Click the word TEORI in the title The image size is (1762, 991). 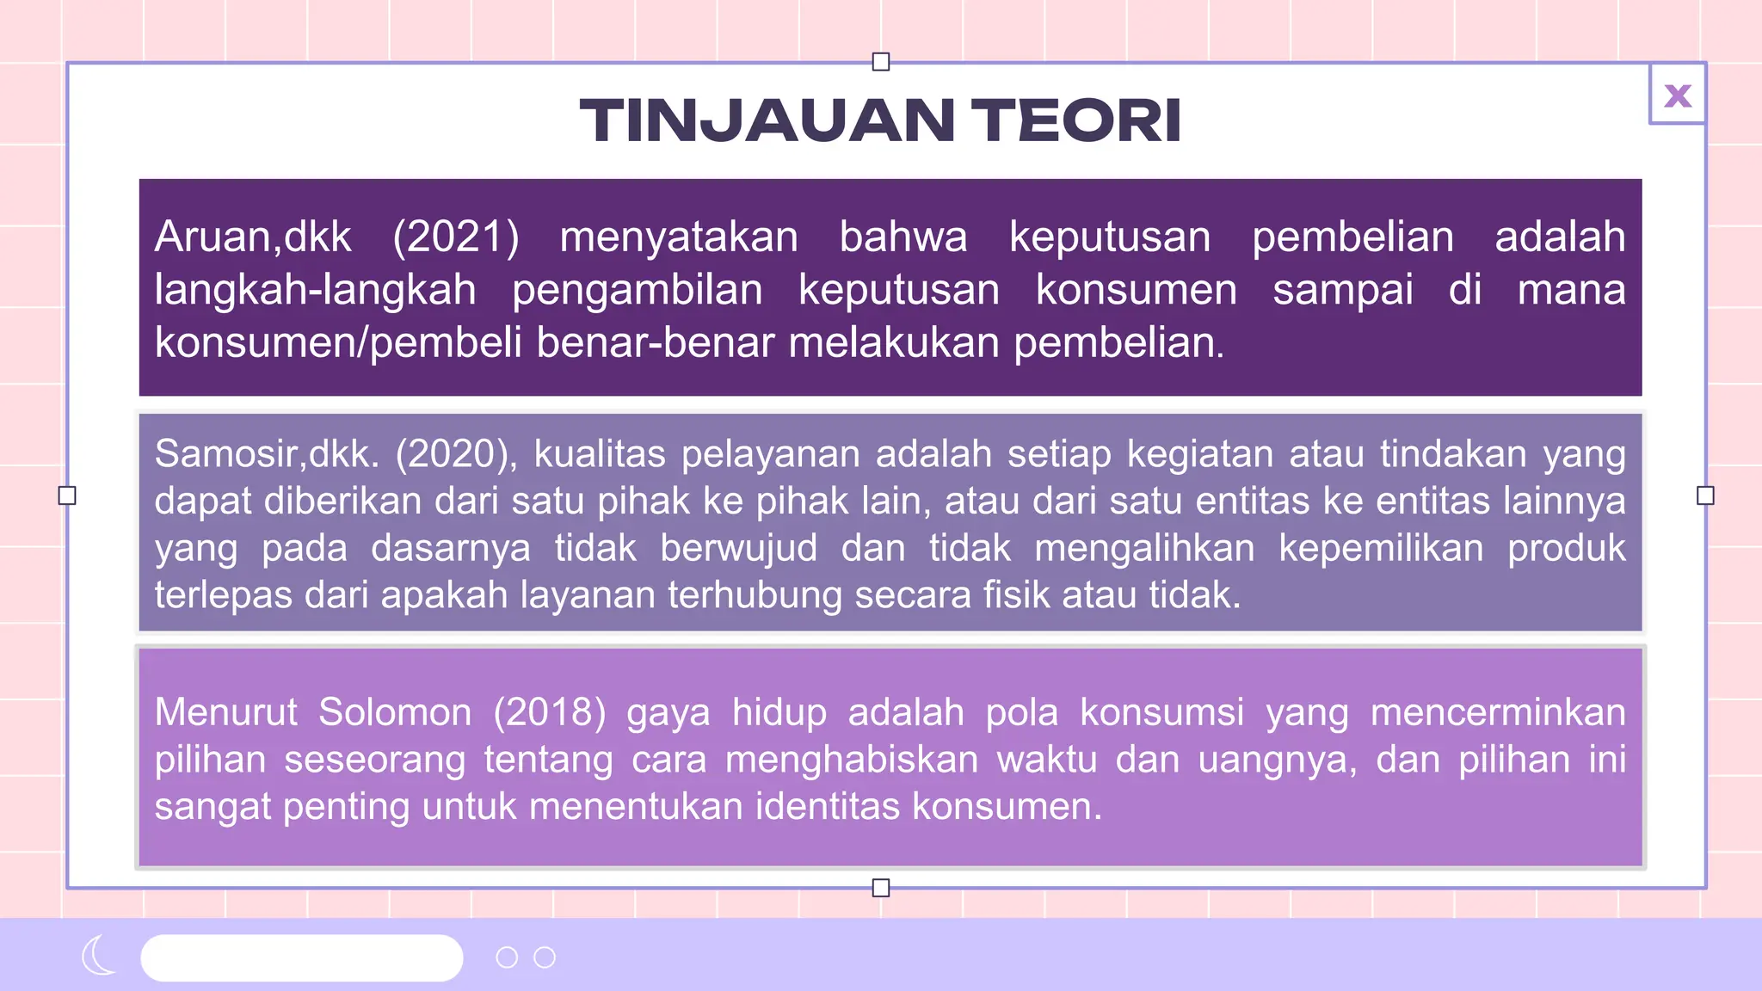pos(1076,120)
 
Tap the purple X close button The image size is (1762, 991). pos(1678,95)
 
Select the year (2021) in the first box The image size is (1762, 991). pos(456,237)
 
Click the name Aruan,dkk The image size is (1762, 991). pos(253,237)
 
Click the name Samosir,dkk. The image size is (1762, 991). pos(267,453)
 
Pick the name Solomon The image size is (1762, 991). pos(395,712)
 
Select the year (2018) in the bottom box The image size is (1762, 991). pos(549,712)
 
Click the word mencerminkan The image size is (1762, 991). pos(1497,712)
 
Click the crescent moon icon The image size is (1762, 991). pos(98,956)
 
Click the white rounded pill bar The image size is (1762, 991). pos(301,957)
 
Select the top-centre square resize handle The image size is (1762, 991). pos(880,62)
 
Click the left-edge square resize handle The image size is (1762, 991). pos(67,495)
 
